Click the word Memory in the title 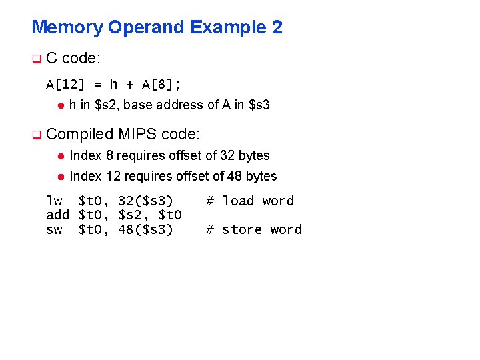pos(67,27)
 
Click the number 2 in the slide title pos(277,27)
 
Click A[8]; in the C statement pos(162,84)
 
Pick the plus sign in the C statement pos(130,85)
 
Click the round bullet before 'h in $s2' pos(60,105)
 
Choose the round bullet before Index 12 pos(60,177)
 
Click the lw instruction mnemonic pos(54,201)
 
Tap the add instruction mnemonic pos(58,215)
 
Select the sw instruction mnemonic pos(54,229)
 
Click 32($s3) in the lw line pos(145,201)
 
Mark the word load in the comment pos(238,201)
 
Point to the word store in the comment pos(242,229)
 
